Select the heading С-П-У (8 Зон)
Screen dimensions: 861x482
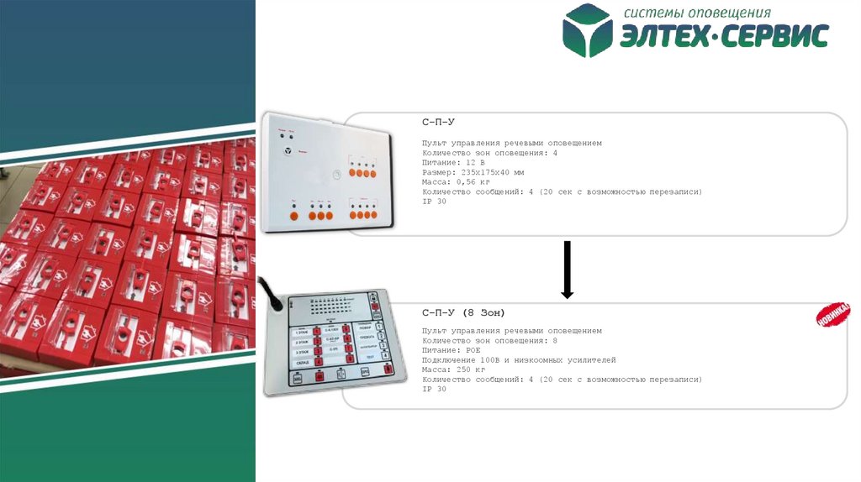click(463, 312)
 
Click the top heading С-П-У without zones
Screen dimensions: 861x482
click(438, 123)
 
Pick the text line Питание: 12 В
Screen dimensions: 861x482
click(454, 163)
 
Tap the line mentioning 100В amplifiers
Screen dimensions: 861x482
click(519, 360)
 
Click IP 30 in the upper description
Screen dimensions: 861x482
click(434, 201)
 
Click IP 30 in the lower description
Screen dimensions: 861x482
click(434, 389)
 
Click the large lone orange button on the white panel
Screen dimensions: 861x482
click(293, 217)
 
